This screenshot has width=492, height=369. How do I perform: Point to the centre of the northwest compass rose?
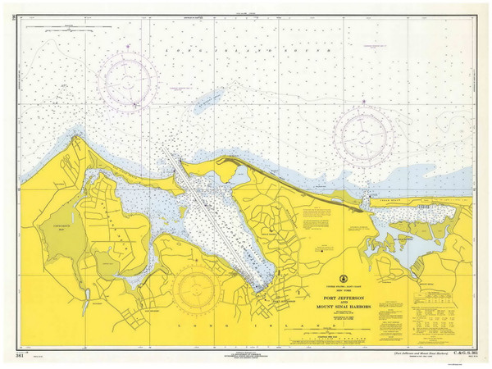pyautogui.click(x=127, y=81)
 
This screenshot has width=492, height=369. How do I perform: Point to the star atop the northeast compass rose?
pyautogui.click(x=365, y=102)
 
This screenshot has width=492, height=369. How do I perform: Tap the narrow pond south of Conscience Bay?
pyautogui.click(x=85, y=300)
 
